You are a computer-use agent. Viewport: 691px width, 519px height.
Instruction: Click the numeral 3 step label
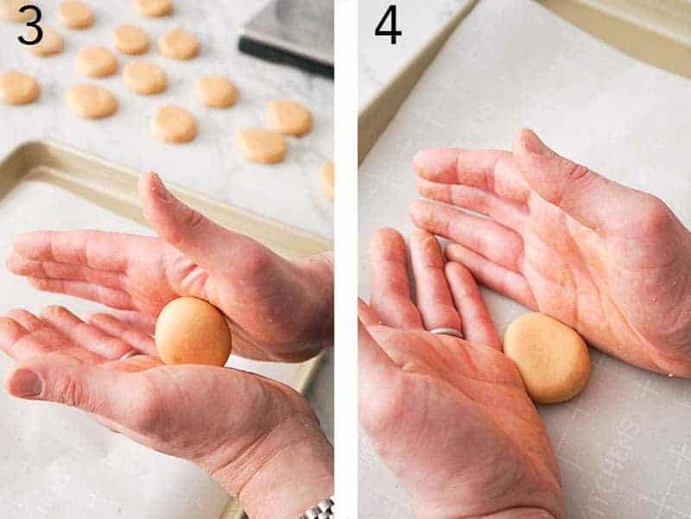coord(29,26)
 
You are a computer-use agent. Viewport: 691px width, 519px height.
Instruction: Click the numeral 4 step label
coord(388,26)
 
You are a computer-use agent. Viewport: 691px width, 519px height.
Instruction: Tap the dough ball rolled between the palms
coord(193,332)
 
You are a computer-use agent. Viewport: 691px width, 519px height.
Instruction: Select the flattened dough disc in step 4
coord(547,357)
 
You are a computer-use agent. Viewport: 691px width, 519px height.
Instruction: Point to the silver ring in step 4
coord(446,332)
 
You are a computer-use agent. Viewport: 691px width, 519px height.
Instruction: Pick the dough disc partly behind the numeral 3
coord(45,41)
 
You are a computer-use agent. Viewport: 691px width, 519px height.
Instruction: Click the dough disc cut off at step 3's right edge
coord(326,179)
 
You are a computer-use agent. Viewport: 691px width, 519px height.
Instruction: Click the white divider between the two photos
coord(345,259)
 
